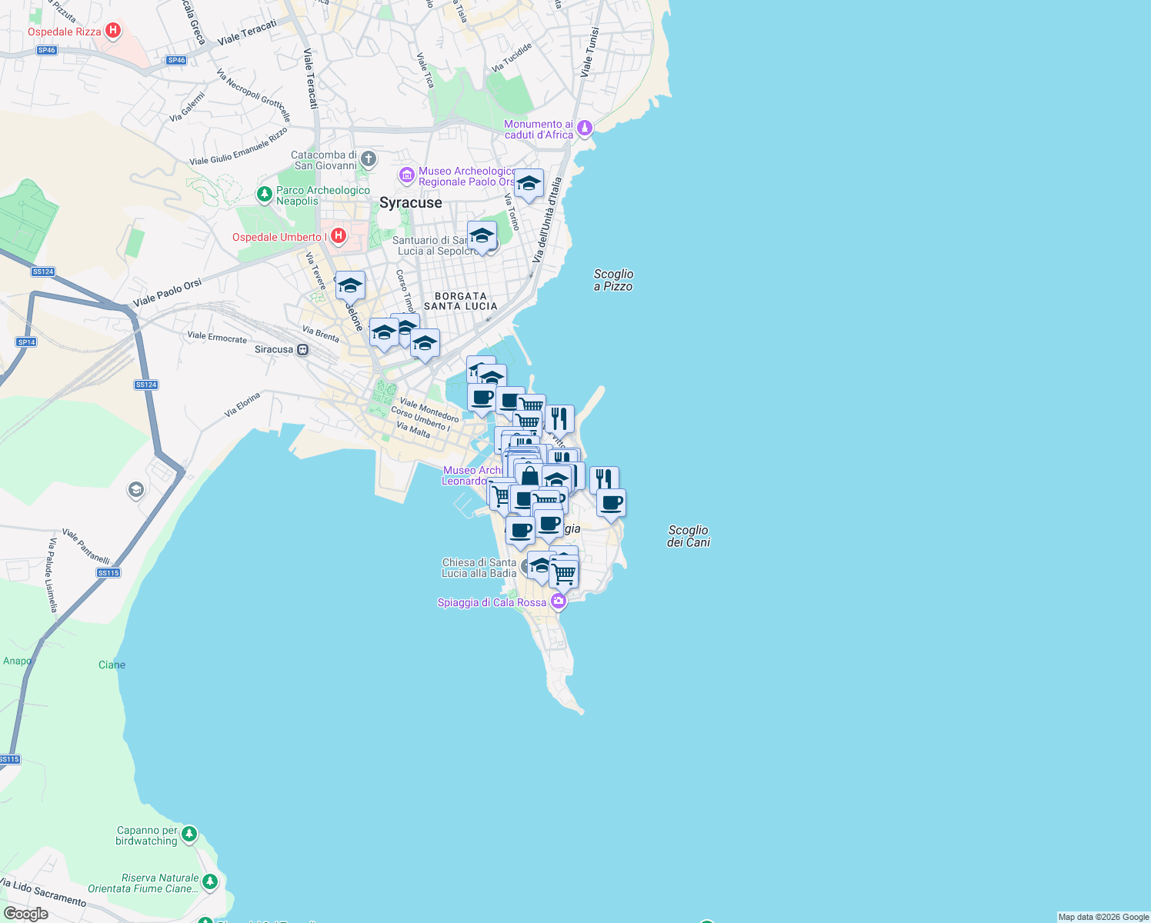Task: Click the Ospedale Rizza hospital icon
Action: pyautogui.click(x=113, y=31)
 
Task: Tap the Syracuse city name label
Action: pyautogui.click(x=411, y=203)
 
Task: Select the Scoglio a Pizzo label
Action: pyautogui.click(x=613, y=280)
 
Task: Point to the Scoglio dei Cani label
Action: pyautogui.click(x=688, y=536)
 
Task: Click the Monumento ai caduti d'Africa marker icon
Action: pyautogui.click(x=585, y=128)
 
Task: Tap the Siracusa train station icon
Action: pyautogui.click(x=303, y=349)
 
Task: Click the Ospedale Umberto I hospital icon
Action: pyautogui.click(x=339, y=235)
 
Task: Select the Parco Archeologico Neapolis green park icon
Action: pyautogui.click(x=265, y=193)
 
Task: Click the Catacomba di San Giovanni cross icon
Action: pyautogui.click(x=369, y=159)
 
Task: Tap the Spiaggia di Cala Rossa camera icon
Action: pyautogui.click(x=559, y=601)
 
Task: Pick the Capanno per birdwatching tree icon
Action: pyautogui.click(x=189, y=834)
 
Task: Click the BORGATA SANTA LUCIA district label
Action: pyautogui.click(x=461, y=301)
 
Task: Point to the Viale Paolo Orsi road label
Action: pyautogui.click(x=168, y=292)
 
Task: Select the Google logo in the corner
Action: pyautogui.click(x=26, y=913)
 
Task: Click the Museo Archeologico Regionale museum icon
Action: pyautogui.click(x=407, y=176)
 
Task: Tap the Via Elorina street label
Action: pyautogui.click(x=242, y=405)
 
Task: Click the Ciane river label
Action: pyautogui.click(x=112, y=665)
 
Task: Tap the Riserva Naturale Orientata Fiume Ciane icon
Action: pyautogui.click(x=210, y=881)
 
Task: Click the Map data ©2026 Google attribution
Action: pyautogui.click(x=1103, y=917)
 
